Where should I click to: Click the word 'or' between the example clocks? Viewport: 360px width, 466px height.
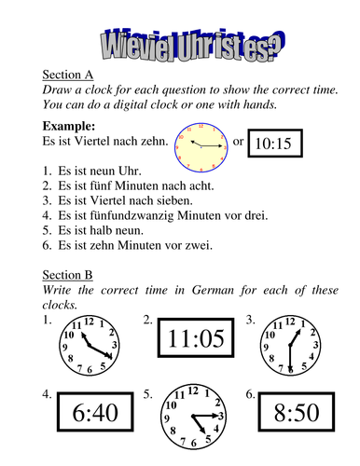click(238, 142)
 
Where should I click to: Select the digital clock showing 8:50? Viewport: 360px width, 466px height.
click(298, 410)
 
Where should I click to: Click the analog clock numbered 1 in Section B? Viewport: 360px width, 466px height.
click(89, 342)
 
